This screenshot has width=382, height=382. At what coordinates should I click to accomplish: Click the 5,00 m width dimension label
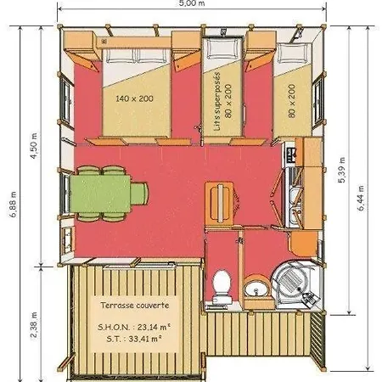click(x=192, y=3)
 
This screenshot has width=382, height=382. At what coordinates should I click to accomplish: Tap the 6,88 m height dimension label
click(x=14, y=205)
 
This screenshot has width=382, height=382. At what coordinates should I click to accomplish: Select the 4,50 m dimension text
click(x=34, y=146)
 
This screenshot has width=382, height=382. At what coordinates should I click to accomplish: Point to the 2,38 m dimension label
click(x=34, y=324)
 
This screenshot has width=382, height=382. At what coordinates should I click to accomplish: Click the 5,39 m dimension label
click(x=342, y=170)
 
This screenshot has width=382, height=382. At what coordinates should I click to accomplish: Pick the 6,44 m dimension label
click(x=361, y=198)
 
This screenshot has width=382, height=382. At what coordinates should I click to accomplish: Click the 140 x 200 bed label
click(x=134, y=98)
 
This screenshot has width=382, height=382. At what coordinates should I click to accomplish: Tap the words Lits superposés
click(x=217, y=101)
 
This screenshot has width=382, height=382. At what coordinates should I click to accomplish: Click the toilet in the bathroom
click(x=222, y=286)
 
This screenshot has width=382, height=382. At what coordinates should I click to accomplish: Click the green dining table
click(x=100, y=194)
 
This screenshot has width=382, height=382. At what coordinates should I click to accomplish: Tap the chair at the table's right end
click(x=139, y=194)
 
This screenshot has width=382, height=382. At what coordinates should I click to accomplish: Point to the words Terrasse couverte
click(x=135, y=306)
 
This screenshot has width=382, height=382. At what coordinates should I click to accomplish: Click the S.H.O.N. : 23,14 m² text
click(x=134, y=327)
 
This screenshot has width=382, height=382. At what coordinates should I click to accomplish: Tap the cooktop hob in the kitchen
click(x=290, y=153)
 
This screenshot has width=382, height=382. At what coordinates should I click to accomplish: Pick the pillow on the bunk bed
click(x=222, y=48)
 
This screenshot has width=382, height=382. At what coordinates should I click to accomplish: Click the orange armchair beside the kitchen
click(x=303, y=244)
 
